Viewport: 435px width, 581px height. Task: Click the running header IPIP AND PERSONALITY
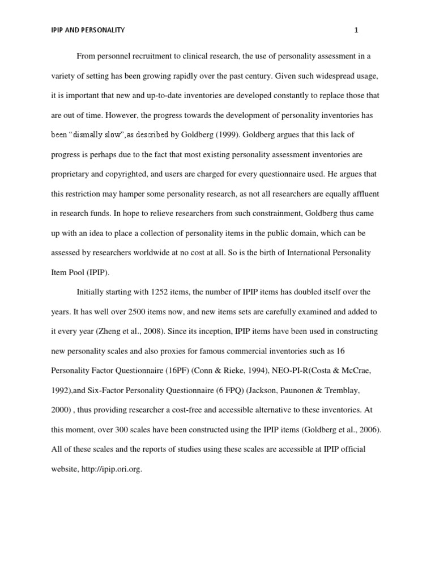point(87,31)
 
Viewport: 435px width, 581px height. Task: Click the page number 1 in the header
point(356,31)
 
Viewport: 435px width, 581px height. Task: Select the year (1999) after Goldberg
point(192,134)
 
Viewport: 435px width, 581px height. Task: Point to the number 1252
point(163,292)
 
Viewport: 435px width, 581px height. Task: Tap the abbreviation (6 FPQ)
point(229,390)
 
